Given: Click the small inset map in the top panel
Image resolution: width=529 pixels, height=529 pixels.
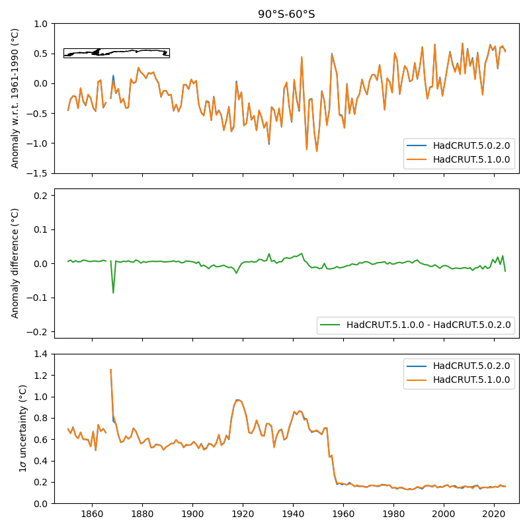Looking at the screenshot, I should [x=116, y=53].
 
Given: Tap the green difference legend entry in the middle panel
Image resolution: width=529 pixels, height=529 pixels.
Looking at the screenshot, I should [x=428, y=325].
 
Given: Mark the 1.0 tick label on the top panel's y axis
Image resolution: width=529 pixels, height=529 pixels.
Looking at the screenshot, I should [x=40, y=24].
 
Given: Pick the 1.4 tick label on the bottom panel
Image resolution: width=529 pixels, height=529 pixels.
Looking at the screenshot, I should [x=40, y=354].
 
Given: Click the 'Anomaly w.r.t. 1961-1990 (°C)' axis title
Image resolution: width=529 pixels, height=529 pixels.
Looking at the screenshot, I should [x=16, y=99].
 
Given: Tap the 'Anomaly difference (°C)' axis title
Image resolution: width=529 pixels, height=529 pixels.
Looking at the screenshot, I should [x=16, y=263].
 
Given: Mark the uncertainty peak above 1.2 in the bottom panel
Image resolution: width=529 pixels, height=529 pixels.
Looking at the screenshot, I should [x=110, y=370].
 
